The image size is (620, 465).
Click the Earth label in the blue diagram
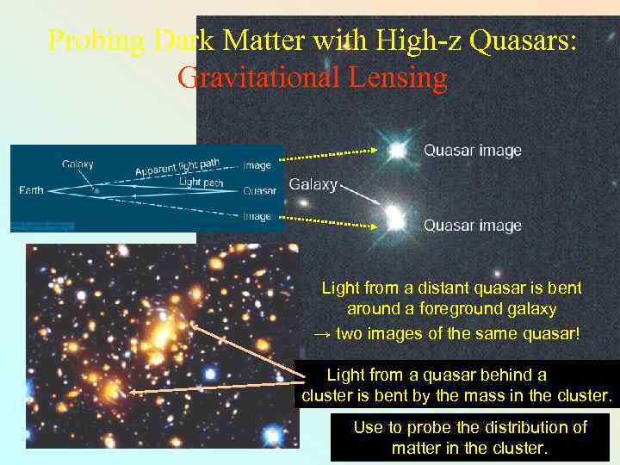(x=32, y=190)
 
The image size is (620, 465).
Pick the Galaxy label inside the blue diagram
(x=77, y=164)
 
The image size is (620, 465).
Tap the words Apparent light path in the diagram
(x=177, y=166)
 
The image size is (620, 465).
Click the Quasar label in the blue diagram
(x=259, y=191)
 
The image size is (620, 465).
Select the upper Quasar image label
(x=472, y=151)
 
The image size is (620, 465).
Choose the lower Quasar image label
(x=472, y=226)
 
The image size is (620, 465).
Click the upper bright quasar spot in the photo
(x=397, y=151)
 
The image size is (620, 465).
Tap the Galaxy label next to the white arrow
(x=313, y=184)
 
